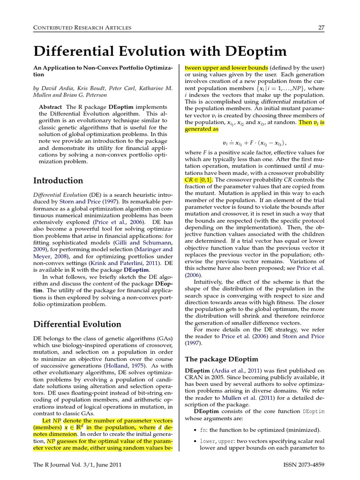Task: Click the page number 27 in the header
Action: (321, 28)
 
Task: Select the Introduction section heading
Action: (58, 180)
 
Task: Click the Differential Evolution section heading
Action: (77, 324)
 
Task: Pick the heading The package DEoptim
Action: (221, 359)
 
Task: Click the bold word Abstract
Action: (51, 107)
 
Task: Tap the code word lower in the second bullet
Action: (207, 441)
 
